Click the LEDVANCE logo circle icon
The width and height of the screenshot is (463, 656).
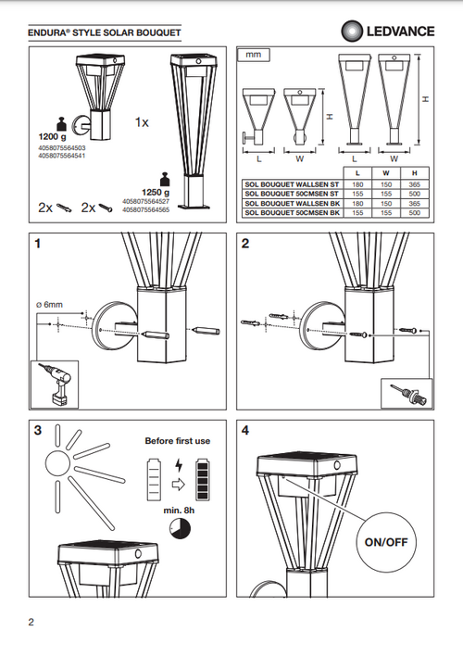click(353, 32)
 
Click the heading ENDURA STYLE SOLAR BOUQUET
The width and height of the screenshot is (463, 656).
click(105, 32)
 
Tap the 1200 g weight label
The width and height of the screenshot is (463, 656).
click(52, 136)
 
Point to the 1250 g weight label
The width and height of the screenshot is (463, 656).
click(156, 193)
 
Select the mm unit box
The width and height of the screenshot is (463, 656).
click(254, 55)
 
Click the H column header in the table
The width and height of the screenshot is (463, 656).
click(415, 173)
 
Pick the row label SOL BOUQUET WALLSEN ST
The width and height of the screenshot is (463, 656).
click(292, 184)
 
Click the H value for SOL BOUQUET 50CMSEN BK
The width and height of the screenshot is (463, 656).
click(415, 213)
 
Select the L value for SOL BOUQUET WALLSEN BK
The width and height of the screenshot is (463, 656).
click(357, 204)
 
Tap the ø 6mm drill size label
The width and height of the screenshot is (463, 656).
click(49, 305)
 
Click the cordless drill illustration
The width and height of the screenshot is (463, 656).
click(55, 385)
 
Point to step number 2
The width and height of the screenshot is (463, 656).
click(245, 243)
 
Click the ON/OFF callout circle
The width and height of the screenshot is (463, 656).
click(386, 542)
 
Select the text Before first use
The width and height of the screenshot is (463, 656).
click(178, 441)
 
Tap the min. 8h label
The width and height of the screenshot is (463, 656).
click(179, 511)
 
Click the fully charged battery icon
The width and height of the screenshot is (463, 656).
click(203, 479)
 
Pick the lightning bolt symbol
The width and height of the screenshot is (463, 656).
click(179, 465)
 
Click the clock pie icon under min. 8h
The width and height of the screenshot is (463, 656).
click(180, 529)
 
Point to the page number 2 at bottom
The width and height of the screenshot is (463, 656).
click(31, 622)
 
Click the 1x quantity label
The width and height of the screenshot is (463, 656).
click(142, 122)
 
